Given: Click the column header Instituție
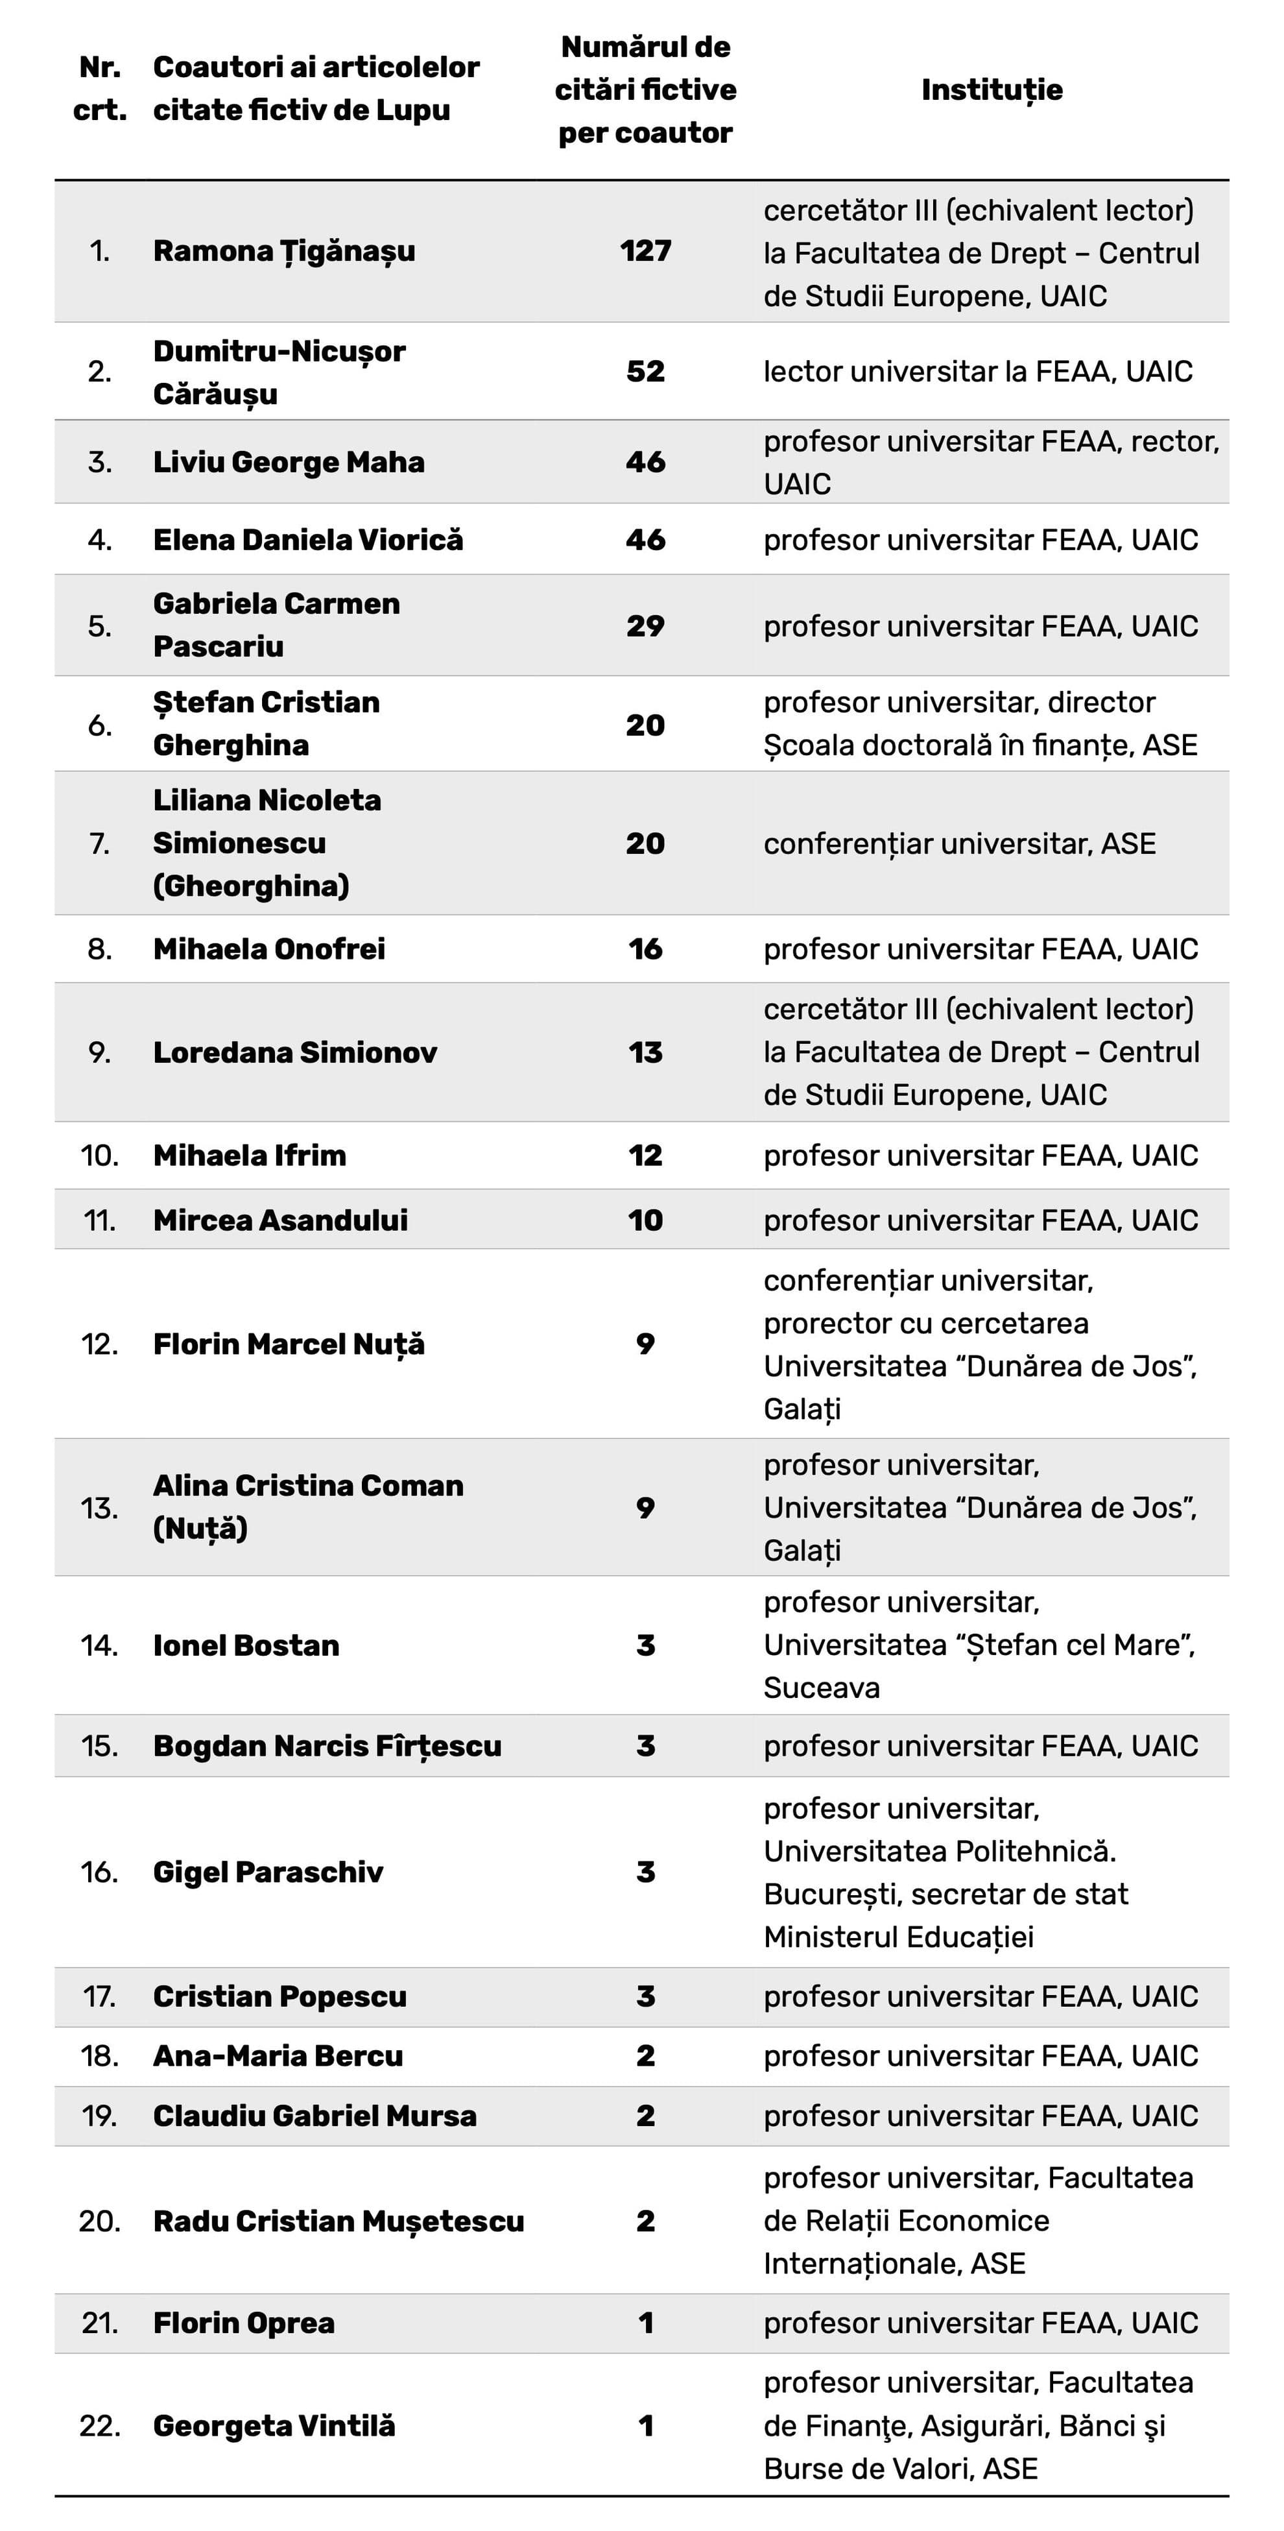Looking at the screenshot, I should [992, 90].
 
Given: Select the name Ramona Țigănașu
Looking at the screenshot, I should [284, 252].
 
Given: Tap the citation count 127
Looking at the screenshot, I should [645, 252].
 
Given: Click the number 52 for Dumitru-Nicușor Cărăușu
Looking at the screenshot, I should [645, 371].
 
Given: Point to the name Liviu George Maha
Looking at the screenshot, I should [289, 462].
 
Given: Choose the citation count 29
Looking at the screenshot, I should [645, 626].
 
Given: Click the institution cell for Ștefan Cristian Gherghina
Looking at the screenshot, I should [981, 724].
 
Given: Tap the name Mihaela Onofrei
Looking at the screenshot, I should [269, 949].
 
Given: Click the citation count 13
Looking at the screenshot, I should [645, 1052].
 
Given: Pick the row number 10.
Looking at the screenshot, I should [99, 1156].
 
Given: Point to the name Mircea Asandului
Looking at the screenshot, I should [280, 1220].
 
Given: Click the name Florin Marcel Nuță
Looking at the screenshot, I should [289, 1344].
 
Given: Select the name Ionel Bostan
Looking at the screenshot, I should [246, 1646].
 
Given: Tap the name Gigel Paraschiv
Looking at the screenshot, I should [268, 1872].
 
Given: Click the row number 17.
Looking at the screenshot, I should [99, 1996].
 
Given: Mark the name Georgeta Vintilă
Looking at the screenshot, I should [274, 2426].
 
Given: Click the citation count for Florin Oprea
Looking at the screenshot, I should [645, 2323].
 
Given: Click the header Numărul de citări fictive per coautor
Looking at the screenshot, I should [645, 90].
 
